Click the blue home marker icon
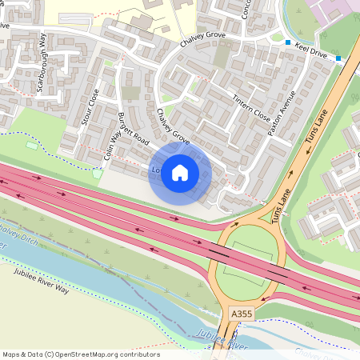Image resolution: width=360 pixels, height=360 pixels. click(x=180, y=172)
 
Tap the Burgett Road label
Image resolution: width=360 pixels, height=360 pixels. click(x=133, y=128)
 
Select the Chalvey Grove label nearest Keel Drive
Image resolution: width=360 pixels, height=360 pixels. click(x=202, y=38)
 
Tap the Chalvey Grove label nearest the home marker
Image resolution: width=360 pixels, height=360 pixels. click(x=173, y=127)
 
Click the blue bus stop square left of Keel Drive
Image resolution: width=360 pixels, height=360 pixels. click(x=287, y=42)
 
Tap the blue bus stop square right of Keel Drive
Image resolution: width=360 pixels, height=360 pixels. click(x=338, y=58)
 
